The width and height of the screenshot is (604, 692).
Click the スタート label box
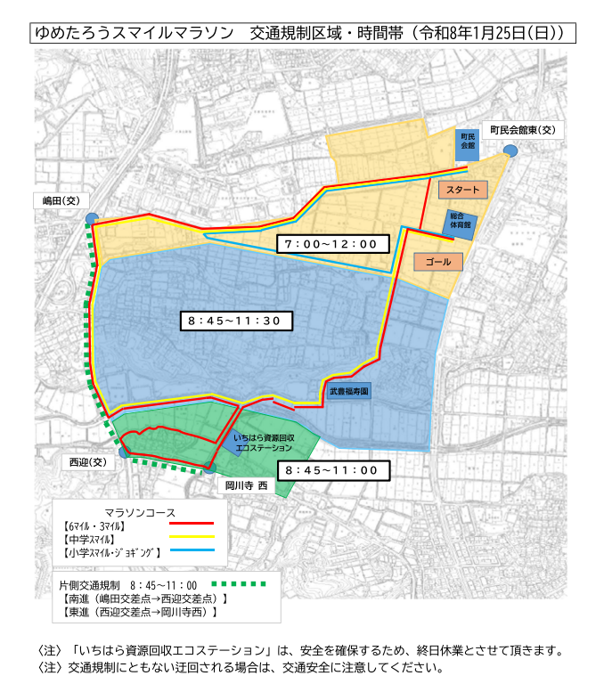(462, 191)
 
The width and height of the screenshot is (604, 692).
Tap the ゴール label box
(438, 262)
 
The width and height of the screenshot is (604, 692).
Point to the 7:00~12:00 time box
(331, 244)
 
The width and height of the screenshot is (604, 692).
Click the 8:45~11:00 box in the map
(331, 470)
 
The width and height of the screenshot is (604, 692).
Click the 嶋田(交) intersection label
(61, 199)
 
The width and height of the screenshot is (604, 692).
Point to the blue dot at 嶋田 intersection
(92, 219)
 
